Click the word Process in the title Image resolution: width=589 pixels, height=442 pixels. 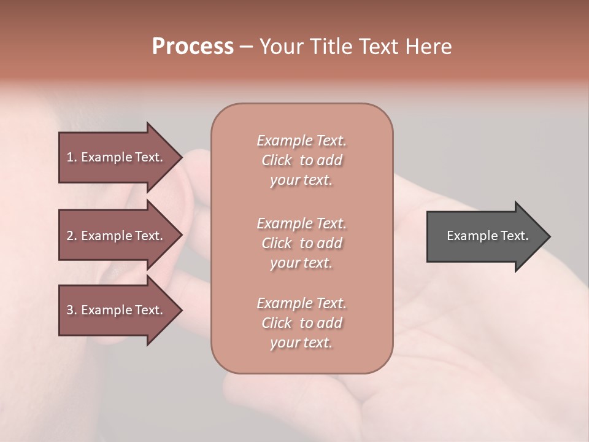tap(193, 47)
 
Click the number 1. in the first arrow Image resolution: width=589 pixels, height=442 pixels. tap(71, 157)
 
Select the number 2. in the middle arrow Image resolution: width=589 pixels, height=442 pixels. tap(71, 236)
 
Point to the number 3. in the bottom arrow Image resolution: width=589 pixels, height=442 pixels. tap(71, 310)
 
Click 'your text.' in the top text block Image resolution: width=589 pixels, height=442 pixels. tap(301, 180)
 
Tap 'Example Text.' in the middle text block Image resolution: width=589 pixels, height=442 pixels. tap(301, 223)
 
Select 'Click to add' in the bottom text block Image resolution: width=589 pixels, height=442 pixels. tap(301, 323)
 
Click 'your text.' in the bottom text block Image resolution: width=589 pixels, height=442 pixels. tap(301, 343)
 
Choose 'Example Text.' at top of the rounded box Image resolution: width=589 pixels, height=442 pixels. tap(301, 141)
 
